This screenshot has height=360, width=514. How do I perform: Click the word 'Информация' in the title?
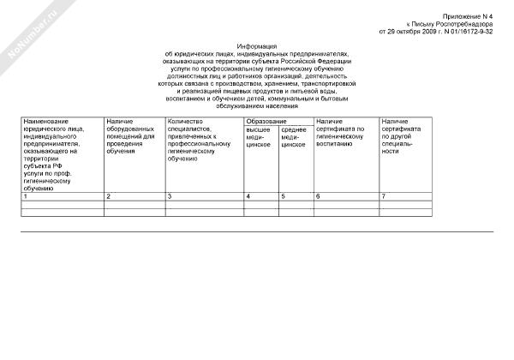(x=257, y=45)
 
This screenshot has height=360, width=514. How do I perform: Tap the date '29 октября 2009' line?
(x=437, y=32)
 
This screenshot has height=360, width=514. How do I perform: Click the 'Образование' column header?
(x=277, y=122)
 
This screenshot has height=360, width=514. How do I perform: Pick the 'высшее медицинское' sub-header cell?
(x=260, y=137)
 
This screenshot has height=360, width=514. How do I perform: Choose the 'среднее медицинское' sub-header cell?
(x=295, y=137)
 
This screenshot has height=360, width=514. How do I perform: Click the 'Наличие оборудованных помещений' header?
(x=133, y=137)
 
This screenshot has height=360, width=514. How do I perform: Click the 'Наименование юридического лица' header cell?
(x=61, y=154)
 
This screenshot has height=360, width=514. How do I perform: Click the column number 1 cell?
(x=61, y=197)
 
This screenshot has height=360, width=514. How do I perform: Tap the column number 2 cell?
(x=133, y=197)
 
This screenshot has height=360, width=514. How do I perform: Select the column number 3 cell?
(x=203, y=197)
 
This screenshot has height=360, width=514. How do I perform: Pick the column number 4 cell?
(x=260, y=197)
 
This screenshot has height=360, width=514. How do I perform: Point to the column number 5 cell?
(x=296, y=197)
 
